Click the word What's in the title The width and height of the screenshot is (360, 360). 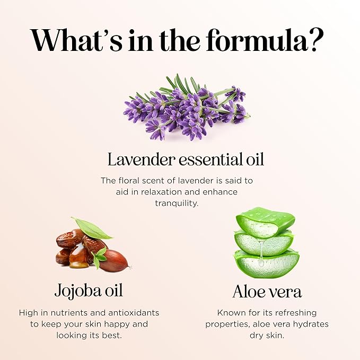pyautogui.click(x=76, y=40)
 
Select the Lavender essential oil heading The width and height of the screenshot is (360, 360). pyautogui.click(x=186, y=159)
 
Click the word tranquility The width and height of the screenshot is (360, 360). pyautogui.click(x=177, y=204)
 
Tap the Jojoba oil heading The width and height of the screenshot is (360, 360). pyautogui.click(x=89, y=291)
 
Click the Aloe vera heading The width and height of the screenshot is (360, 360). pyautogui.click(x=267, y=292)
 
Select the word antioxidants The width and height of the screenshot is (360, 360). pyautogui.click(x=134, y=313)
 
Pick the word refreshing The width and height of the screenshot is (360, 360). pyautogui.click(x=296, y=313)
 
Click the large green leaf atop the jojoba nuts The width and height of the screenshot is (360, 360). pyautogui.click(x=92, y=229)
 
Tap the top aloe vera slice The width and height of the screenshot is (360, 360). pyautogui.click(x=265, y=222)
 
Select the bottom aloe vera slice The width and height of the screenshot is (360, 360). pyautogui.click(x=267, y=264)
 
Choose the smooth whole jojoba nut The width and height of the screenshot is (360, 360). pyautogui.click(x=113, y=260)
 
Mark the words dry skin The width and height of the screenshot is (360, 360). pyautogui.click(x=267, y=336)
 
